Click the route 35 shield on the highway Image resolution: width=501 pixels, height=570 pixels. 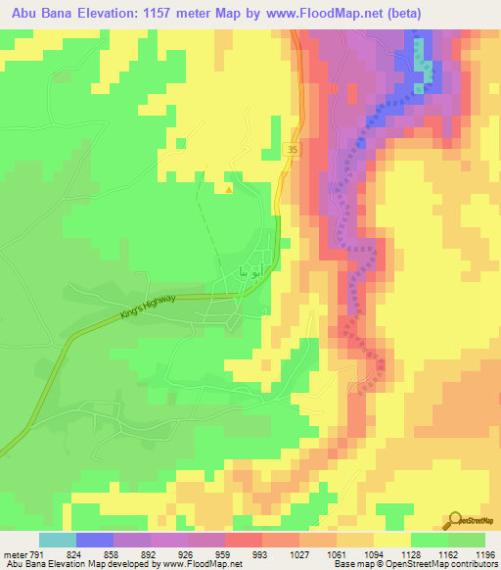tap(292, 149)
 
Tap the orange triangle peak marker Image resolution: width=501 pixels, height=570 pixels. tap(228, 190)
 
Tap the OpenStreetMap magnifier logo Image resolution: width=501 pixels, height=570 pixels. tap(455, 522)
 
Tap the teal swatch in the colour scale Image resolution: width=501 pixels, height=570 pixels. tap(58, 540)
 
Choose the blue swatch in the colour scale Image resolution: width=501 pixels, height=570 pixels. tap(95, 540)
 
